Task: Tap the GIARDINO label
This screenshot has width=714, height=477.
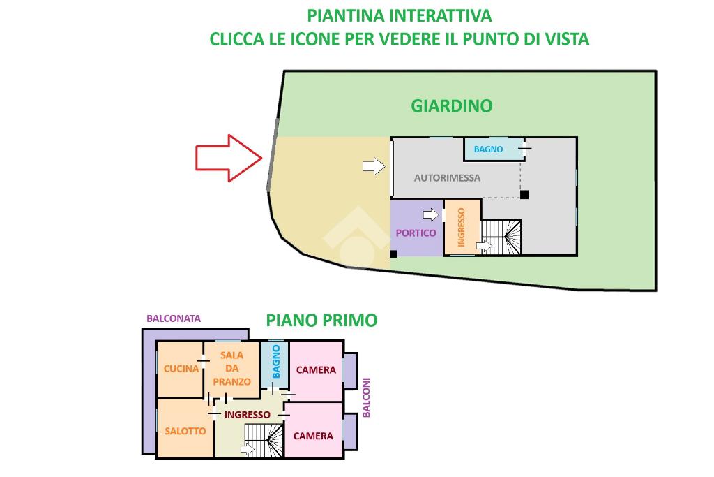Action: [x=452, y=105]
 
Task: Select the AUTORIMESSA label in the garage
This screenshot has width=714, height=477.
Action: [x=447, y=178]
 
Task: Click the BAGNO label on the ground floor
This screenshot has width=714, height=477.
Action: [x=488, y=149]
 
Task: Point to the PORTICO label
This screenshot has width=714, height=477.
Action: [x=416, y=233]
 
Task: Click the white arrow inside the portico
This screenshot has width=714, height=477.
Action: [x=431, y=214]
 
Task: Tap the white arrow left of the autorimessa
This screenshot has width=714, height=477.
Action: [x=374, y=166]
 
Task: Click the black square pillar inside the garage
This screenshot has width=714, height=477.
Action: [x=524, y=195]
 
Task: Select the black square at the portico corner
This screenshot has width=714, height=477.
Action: [x=393, y=254]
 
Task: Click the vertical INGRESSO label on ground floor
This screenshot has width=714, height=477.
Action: [x=462, y=227]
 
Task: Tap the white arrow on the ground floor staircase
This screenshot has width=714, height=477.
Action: [x=485, y=247]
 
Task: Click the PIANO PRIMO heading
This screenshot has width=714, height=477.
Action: [x=321, y=320]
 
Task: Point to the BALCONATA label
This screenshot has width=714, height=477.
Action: [x=174, y=318]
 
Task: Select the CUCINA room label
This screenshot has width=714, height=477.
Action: [x=181, y=369]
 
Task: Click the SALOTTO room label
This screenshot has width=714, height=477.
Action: [x=185, y=431]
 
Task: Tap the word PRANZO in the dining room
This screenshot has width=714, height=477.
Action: [x=231, y=382]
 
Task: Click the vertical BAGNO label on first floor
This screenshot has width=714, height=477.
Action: [x=276, y=362]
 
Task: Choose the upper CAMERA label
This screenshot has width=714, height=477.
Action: [x=316, y=370]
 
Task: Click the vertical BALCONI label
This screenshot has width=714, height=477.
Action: [x=366, y=397]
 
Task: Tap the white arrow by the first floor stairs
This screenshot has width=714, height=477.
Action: [x=248, y=450]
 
